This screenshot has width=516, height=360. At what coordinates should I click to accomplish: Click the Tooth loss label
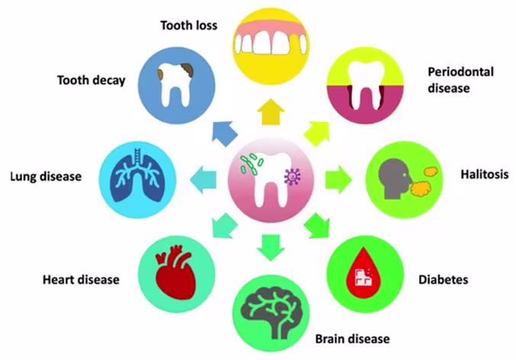click(189, 26)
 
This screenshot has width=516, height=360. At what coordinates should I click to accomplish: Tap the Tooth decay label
click(90, 81)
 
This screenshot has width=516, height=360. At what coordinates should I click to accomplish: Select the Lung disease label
click(46, 177)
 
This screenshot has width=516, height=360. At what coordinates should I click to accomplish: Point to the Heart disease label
click(81, 279)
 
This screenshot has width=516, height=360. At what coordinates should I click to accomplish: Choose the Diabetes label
click(442, 279)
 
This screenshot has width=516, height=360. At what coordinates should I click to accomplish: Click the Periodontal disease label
click(460, 79)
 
